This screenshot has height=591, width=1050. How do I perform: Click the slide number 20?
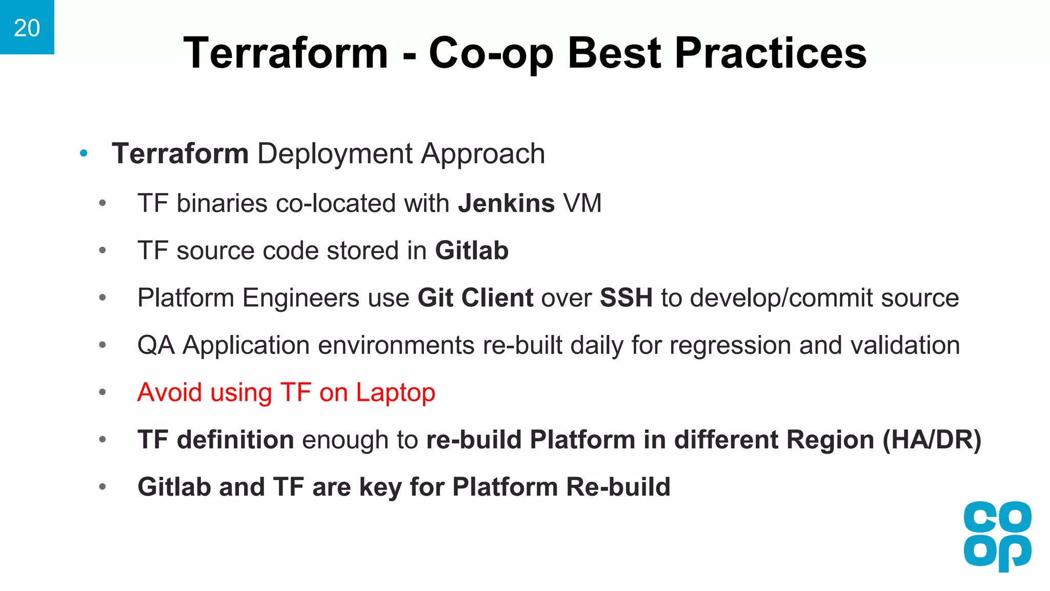point(27,28)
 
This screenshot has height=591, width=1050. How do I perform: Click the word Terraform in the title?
point(286,53)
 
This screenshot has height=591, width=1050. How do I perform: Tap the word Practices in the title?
point(770,53)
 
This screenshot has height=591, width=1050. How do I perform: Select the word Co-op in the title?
point(491,54)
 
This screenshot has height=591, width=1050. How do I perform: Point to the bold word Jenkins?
point(506,203)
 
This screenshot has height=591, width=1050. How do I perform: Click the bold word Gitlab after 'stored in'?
point(472,251)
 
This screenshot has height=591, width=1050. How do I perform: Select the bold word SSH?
point(626,298)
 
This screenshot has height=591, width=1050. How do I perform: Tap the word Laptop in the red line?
point(395,393)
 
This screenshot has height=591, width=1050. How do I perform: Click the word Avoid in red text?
point(170,392)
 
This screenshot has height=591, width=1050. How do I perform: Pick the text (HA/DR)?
point(932,440)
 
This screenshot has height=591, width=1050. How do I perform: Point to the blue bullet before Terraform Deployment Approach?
point(84,153)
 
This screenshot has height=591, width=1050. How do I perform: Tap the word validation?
point(905,345)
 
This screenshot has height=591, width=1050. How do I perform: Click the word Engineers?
point(301,298)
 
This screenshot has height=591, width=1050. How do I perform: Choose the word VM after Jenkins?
point(582,203)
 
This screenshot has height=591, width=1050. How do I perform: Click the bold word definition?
point(235,440)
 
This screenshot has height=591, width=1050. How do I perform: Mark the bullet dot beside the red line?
point(103,392)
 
